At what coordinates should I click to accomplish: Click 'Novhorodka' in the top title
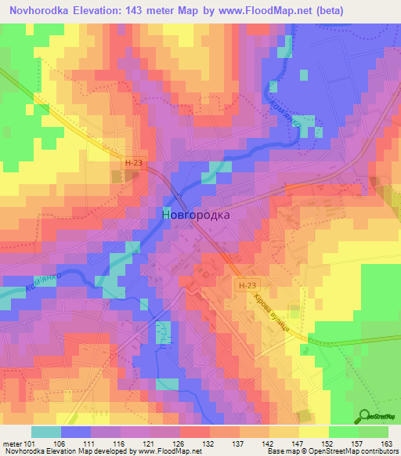tap(42, 11)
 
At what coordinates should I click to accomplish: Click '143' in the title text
tap(146, 11)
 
